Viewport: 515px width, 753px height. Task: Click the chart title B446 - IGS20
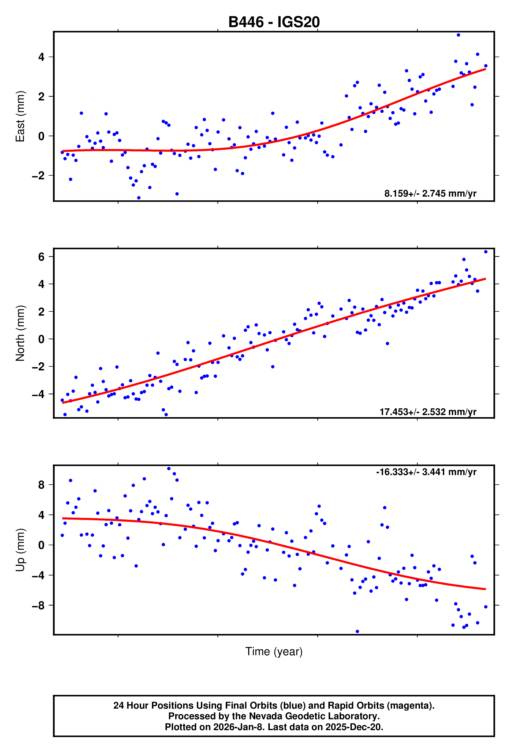274,22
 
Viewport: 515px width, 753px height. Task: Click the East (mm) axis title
20,116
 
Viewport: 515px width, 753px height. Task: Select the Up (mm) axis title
20,549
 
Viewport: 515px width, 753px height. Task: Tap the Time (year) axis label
274,651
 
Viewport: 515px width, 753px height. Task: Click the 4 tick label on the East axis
41,57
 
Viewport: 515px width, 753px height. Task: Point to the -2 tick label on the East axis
38,176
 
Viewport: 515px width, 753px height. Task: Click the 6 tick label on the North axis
41,257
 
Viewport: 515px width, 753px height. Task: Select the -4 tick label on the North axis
38,394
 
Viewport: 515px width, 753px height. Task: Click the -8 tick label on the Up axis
38,605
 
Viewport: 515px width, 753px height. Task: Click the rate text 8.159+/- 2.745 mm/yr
430,193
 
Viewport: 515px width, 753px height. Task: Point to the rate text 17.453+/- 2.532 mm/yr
428,412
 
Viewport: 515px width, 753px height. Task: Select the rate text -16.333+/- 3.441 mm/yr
426,472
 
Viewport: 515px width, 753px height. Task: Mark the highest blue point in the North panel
486,252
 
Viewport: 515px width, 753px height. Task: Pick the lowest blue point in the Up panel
357,632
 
